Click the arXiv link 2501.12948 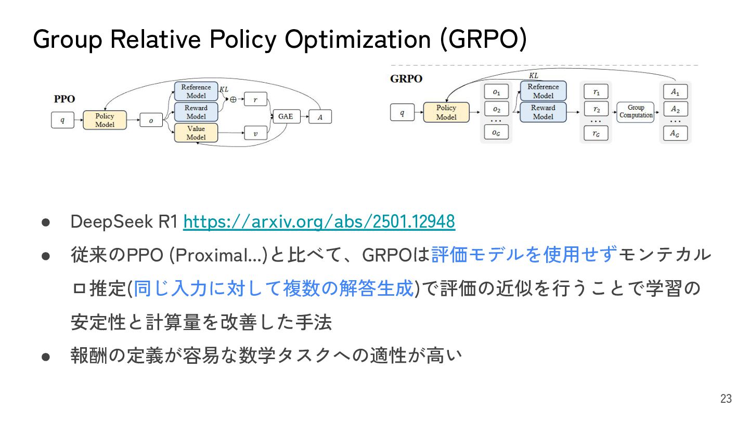(x=319, y=222)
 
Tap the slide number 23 (x=726, y=399)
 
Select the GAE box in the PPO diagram (x=286, y=116)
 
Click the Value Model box (x=196, y=133)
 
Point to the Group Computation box (x=636, y=111)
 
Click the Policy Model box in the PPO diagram (x=105, y=120)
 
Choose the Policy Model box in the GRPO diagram (x=446, y=112)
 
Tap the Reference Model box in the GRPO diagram (x=543, y=91)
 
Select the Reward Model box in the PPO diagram (x=196, y=112)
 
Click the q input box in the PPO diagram (x=63, y=120)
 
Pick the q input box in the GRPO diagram (x=402, y=112)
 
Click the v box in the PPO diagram (x=255, y=134)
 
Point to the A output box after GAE (x=320, y=117)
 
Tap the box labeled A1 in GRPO (x=675, y=92)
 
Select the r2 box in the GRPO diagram (x=597, y=110)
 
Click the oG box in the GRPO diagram (x=496, y=133)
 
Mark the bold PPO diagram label (x=64, y=99)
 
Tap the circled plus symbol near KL (x=233, y=99)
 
